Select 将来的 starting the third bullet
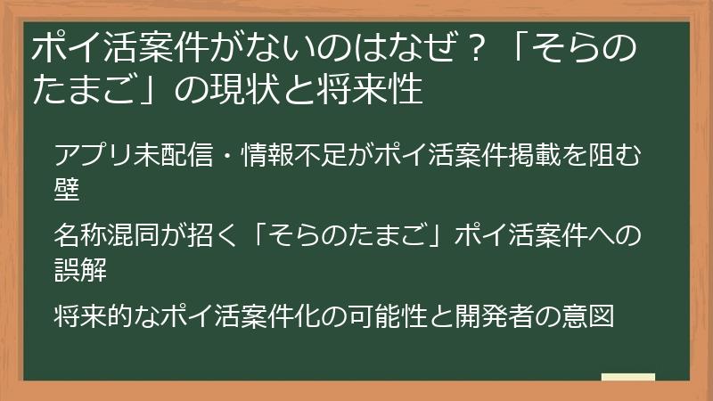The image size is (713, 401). click(94, 316)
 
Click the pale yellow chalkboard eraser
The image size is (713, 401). click(628, 377)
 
